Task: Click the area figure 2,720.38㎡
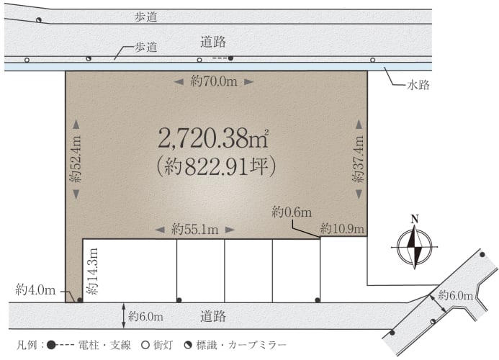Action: click(x=214, y=138)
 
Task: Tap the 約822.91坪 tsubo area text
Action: click(x=217, y=166)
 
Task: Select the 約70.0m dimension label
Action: click(x=214, y=81)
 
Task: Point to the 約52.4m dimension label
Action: click(x=76, y=159)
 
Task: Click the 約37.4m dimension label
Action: click(x=359, y=159)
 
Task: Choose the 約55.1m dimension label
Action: click(x=194, y=229)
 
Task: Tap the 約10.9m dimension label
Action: click(x=342, y=228)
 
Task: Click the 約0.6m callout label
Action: click(x=292, y=212)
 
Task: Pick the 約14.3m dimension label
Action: click(x=93, y=271)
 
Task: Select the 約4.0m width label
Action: click(x=35, y=289)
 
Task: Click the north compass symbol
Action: click(x=414, y=247)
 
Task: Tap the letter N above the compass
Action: click(x=414, y=219)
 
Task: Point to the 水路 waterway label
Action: click(x=418, y=85)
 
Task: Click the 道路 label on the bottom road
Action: click(x=213, y=316)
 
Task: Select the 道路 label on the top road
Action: click(x=213, y=42)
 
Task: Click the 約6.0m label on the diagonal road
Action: click(x=455, y=296)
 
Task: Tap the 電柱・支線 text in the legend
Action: click(x=104, y=345)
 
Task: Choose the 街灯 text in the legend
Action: click(x=163, y=345)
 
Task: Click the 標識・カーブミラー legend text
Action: click(x=241, y=345)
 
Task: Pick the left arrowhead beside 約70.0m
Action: click(x=179, y=82)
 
